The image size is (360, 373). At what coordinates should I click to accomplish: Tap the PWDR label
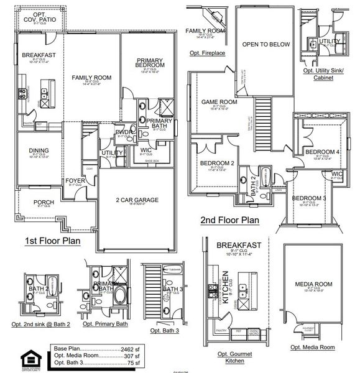[122, 132]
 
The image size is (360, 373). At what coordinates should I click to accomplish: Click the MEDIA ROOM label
[313, 284]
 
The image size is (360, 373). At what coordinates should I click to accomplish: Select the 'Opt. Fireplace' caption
[207, 53]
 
